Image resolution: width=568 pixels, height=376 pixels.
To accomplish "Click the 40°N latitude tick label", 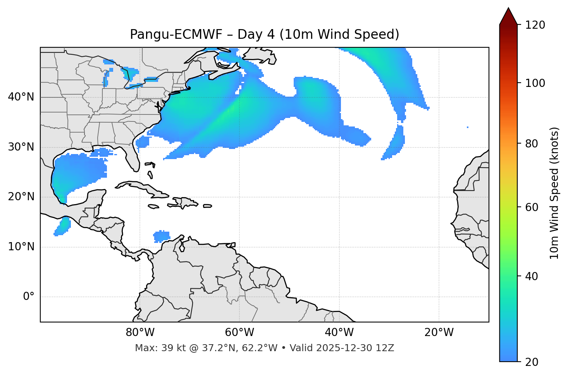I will point(21,97).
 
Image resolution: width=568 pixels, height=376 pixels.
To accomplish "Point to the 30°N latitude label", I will point(21,147).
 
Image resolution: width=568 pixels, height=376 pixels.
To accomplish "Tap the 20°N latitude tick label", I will point(21,197).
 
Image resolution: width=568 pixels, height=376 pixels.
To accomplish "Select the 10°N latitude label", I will point(21,247).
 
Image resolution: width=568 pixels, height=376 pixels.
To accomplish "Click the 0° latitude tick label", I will point(28,297).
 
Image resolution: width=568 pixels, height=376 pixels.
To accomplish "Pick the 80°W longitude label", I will point(140,333).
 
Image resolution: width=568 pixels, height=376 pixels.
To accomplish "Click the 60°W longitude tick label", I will point(239,333).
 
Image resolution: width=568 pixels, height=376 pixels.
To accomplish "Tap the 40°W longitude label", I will point(339,333).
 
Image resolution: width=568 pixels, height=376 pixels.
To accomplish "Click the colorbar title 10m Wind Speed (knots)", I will point(554,193).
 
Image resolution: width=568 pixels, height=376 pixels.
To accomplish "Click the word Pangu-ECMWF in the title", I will point(176,35).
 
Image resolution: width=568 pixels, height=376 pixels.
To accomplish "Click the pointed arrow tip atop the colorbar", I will point(508,9).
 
